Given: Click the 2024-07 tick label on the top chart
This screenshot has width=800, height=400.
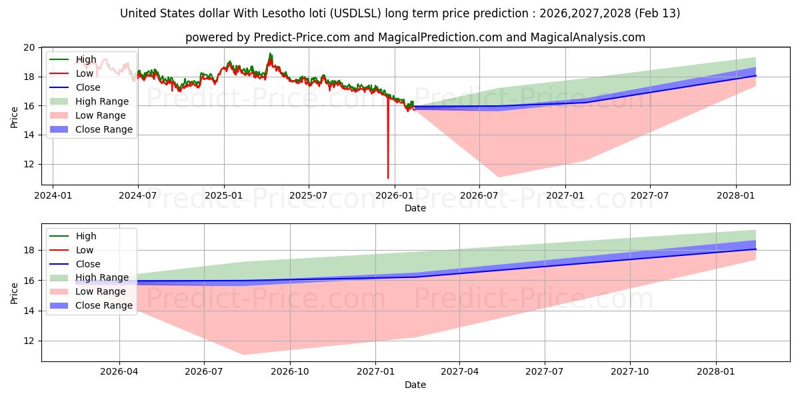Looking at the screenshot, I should tap(138, 196).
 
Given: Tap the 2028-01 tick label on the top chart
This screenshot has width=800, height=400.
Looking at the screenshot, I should tap(736, 196).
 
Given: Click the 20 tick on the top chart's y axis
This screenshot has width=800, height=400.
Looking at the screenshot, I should tap(29, 47).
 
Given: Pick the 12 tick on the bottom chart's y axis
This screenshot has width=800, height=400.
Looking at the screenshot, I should tap(29, 341).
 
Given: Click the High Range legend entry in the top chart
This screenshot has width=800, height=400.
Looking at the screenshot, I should tap(102, 101).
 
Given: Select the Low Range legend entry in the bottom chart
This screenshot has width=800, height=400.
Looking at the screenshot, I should tap(100, 291).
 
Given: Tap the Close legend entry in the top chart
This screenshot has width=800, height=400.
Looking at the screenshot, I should tap(88, 87).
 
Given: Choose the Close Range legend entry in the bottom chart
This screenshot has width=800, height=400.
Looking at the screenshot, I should tap(104, 305).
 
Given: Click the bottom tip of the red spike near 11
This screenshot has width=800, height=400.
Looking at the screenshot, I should tap(388, 178).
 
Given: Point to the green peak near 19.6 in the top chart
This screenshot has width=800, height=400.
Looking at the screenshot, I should tap(270, 53).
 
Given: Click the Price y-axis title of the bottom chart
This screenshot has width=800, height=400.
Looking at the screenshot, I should tap(15, 293).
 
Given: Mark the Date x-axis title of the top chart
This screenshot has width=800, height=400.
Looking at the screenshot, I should tap(415, 208).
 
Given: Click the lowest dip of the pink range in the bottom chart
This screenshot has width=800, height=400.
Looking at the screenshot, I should tap(243, 354).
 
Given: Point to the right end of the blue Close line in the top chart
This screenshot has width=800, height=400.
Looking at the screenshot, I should tap(755, 75).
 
